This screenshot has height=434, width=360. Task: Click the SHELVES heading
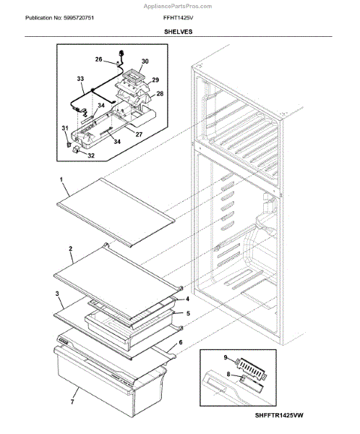point(179,32)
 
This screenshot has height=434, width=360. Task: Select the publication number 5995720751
point(79,18)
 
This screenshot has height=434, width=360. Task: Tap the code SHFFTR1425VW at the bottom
point(279,415)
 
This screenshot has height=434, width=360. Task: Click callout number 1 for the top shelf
point(61,179)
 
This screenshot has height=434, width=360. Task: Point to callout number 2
point(71,249)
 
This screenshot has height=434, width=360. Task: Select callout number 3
point(57,294)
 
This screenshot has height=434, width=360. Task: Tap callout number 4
point(188,299)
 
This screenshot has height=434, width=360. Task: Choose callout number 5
point(188,313)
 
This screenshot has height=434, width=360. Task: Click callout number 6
point(181,342)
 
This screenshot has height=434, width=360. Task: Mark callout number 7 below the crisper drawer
point(72,401)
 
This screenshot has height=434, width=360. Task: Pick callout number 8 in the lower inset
point(228,374)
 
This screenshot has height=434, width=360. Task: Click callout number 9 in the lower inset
point(226,357)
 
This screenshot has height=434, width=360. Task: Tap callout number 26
point(98,59)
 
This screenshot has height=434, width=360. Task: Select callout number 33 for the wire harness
point(80,79)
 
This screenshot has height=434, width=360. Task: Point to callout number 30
point(145,61)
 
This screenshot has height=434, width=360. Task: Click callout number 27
point(139,135)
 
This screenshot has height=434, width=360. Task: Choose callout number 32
point(91,156)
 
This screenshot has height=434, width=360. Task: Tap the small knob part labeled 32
point(75,150)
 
